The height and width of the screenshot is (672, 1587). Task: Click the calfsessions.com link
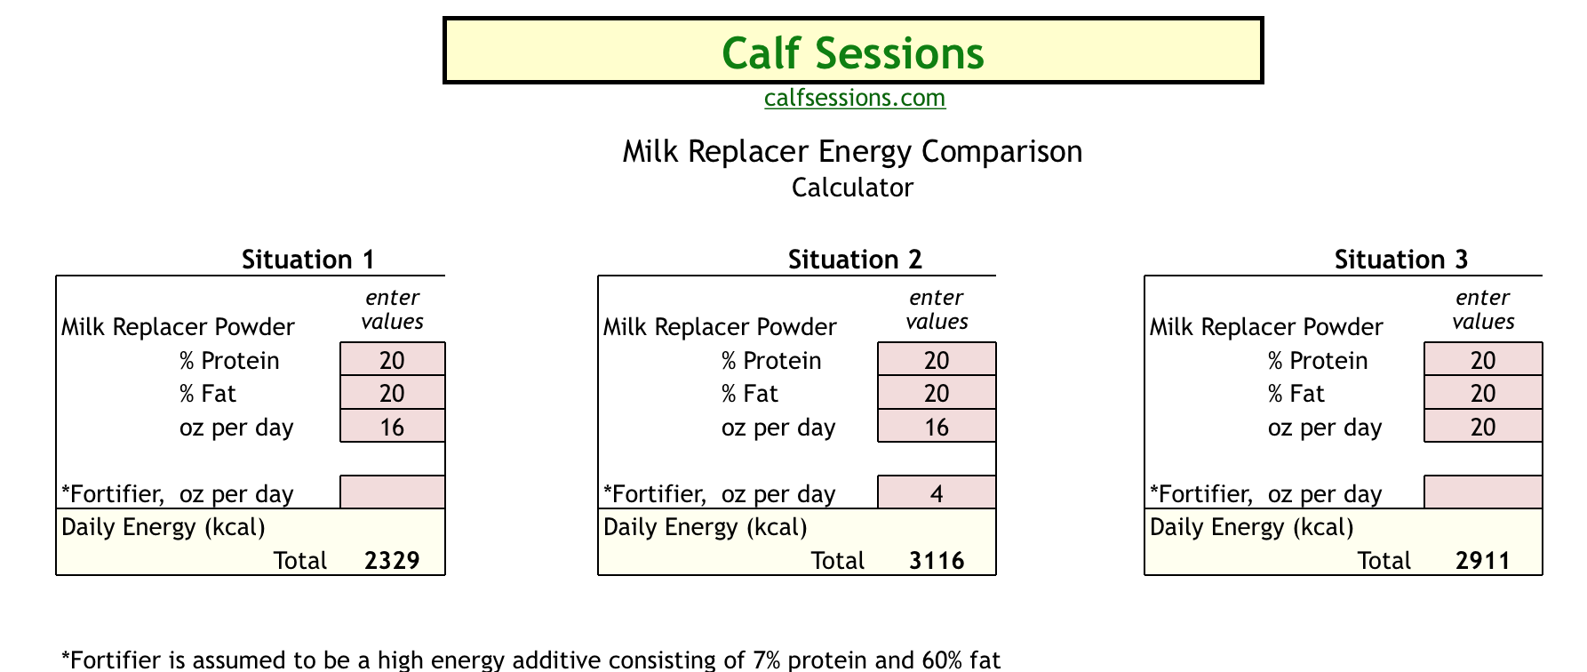coord(855,98)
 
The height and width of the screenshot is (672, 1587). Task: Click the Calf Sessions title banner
coord(853,52)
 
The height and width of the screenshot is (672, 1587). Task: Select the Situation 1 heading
coord(308,260)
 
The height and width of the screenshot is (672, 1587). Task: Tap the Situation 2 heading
coord(855,260)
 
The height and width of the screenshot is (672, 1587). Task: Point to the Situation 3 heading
coord(1401,260)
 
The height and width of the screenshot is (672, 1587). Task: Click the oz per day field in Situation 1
coord(393,427)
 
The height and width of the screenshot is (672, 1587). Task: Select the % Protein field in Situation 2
coord(937,360)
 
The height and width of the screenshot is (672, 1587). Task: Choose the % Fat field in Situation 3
coord(1483,393)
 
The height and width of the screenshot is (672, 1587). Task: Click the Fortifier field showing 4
coord(937,492)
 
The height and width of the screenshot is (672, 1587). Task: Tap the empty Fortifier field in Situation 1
coord(393,492)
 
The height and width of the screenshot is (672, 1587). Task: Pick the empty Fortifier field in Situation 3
coord(1483,492)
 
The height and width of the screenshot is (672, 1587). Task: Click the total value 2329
coord(392,561)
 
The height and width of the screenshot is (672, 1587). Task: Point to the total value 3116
coord(937,561)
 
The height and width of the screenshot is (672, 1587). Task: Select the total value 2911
coord(1483,561)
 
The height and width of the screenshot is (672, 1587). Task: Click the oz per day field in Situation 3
coord(1483,427)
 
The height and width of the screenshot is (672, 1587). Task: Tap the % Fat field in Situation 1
coord(393,393)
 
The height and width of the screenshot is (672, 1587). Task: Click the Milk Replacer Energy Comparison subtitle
coord(852,152)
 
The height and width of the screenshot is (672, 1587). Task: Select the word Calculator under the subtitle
coord(852,188)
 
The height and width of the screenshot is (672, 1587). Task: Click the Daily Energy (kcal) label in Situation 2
coord(706,528)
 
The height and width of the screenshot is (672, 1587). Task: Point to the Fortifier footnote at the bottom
coord(531,660)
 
